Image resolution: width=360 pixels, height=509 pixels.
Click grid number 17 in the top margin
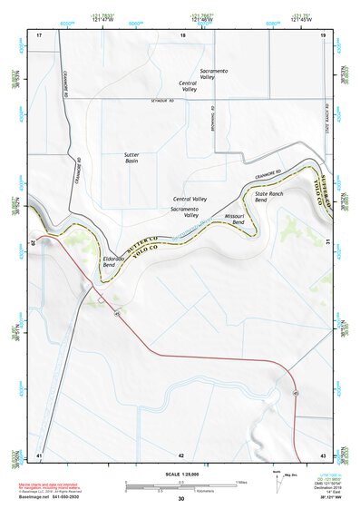[39, 35]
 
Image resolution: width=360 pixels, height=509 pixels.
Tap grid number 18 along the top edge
[182, 35]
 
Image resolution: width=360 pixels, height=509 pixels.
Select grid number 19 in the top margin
[323, 35]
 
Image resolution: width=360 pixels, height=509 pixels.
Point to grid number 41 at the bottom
[39, 455]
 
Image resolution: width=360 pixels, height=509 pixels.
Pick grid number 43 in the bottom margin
[323, 455]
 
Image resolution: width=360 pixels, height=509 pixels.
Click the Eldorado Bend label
[114, 261]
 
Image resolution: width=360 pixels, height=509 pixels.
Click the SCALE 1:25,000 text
[180, 472]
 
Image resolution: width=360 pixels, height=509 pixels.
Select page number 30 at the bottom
[180, 499]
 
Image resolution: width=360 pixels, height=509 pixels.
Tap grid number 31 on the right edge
[326, 241]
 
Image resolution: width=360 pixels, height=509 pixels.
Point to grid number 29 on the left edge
[34, 242]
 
